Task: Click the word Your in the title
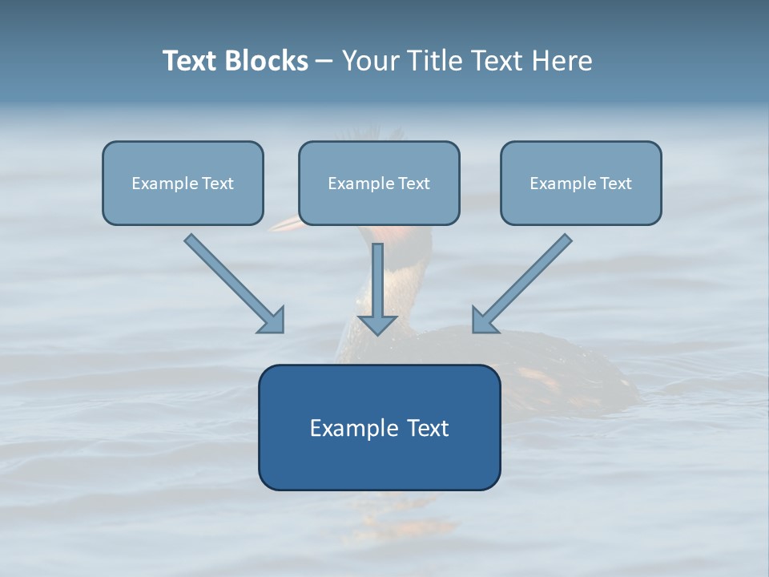(x=371, y=61)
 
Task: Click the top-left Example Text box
(x=183, y=183)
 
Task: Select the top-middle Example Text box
(x=379, y=183)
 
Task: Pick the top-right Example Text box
(x=581, y=183)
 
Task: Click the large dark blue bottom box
(x=379, y=427)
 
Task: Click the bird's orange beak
(x=286, y=224)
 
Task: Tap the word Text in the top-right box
(x=615, y=184)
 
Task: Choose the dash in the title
(x=324, y=62)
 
